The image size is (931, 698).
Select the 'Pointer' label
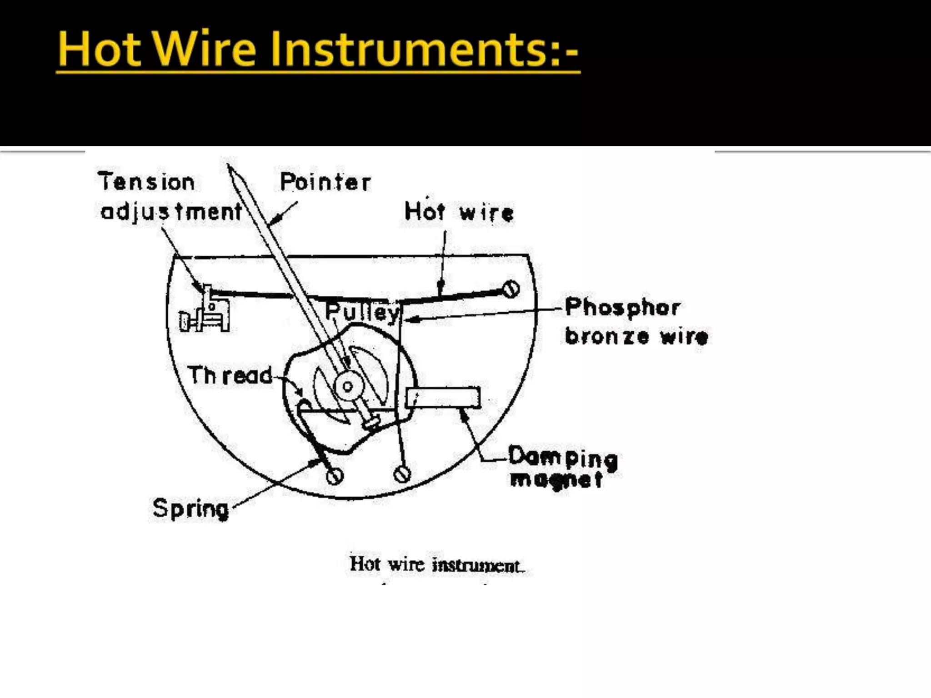[325, 182]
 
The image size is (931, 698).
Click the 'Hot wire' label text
[459, 212]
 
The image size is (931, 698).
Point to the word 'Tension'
[146, 182]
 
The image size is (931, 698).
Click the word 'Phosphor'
[622, 307]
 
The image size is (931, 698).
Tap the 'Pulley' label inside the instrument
[362, 312]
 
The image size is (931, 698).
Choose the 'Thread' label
[230, 375]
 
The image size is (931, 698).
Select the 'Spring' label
[190, 509]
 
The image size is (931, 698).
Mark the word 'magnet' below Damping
[556, 479]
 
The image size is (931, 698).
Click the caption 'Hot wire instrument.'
[437, 565]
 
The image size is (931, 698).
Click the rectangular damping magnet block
[443, 398]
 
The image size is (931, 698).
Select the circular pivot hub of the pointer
[348, 386]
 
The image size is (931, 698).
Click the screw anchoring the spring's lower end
[335, 476]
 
